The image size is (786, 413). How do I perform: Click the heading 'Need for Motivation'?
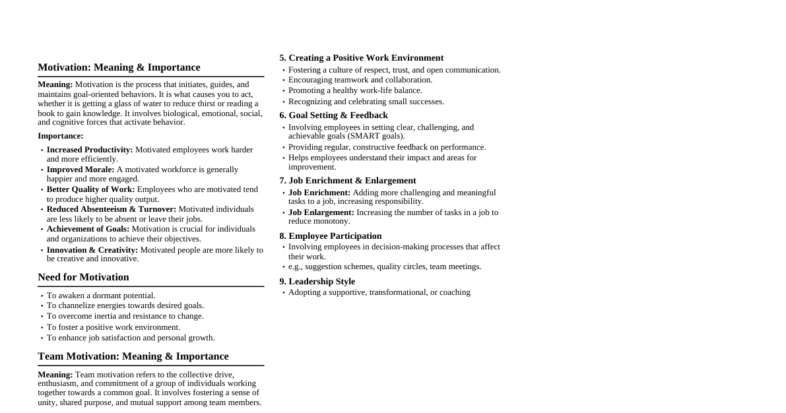[83, 277]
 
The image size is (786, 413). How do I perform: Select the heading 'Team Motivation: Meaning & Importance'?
[133, 356]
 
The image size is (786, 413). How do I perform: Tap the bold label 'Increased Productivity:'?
[90, 150]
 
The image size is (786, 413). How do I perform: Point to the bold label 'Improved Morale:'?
[81, 170]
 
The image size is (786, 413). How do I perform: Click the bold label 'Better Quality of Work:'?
[90, 189]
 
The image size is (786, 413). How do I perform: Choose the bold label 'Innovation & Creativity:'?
[92, 250]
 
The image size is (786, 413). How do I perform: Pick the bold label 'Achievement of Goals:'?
[88, 229]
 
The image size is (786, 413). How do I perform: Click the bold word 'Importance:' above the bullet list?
[61, 136]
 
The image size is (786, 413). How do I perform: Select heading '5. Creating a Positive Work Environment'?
[361, 58]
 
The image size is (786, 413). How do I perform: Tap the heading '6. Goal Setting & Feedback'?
[333, 115]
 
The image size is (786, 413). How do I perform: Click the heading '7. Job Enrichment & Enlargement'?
[347, 181]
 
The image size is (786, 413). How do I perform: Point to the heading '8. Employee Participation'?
[330, 236]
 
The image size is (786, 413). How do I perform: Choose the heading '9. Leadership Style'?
[317, 282]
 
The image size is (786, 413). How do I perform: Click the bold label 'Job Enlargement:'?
[321, 212]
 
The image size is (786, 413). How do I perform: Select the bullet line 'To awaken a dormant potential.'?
[101, 296]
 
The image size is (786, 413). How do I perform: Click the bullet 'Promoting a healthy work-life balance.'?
[355, 90]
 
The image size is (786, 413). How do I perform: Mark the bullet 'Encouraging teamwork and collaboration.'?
[360, 80]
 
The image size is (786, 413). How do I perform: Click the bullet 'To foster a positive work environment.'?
[114, 327]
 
